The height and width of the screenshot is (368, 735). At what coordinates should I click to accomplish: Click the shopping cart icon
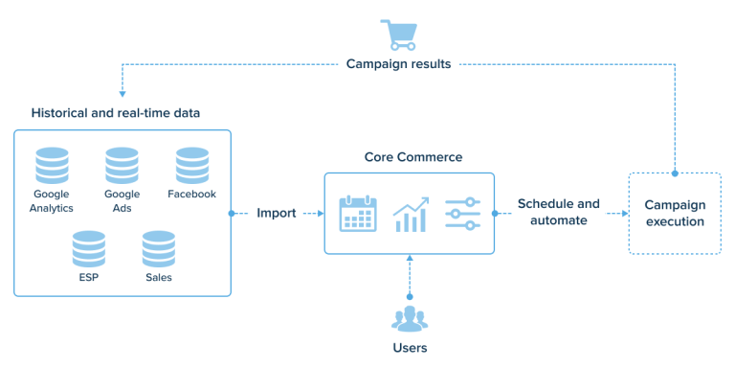click(398, 34)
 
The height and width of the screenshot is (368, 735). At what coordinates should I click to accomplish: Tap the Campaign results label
click(398, 64)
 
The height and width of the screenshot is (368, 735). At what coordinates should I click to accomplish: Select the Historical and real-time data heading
click(116, 113)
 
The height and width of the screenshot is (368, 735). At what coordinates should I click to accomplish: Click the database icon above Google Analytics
click(51, 165)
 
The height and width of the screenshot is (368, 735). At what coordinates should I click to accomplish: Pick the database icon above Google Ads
click(122, 165)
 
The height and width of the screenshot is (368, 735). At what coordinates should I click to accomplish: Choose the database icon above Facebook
click(191, 165)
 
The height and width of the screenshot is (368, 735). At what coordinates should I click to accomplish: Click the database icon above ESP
click(89, 249)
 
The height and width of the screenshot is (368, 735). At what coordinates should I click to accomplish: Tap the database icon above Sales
click(158, 249)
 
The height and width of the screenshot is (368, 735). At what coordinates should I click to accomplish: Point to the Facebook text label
click(191, 194)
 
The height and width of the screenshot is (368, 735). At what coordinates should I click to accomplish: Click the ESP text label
click(89, 278)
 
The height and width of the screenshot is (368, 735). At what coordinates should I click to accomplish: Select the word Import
click(277, 213)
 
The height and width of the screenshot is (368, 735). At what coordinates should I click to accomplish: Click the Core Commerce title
click(413, 156)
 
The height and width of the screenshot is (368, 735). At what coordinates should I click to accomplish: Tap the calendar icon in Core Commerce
click(358, 214)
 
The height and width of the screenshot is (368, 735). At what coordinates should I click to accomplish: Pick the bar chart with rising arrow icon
click(411, 214)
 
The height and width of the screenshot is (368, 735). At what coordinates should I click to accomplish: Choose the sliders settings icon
click(461, 214)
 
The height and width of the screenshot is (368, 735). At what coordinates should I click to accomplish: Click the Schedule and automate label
click(559, 212)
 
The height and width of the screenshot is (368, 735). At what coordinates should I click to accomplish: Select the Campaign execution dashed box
click(674, 213)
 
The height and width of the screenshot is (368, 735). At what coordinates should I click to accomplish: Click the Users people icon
click(410, 316)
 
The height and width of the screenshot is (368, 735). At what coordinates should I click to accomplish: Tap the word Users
click(410, 347)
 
